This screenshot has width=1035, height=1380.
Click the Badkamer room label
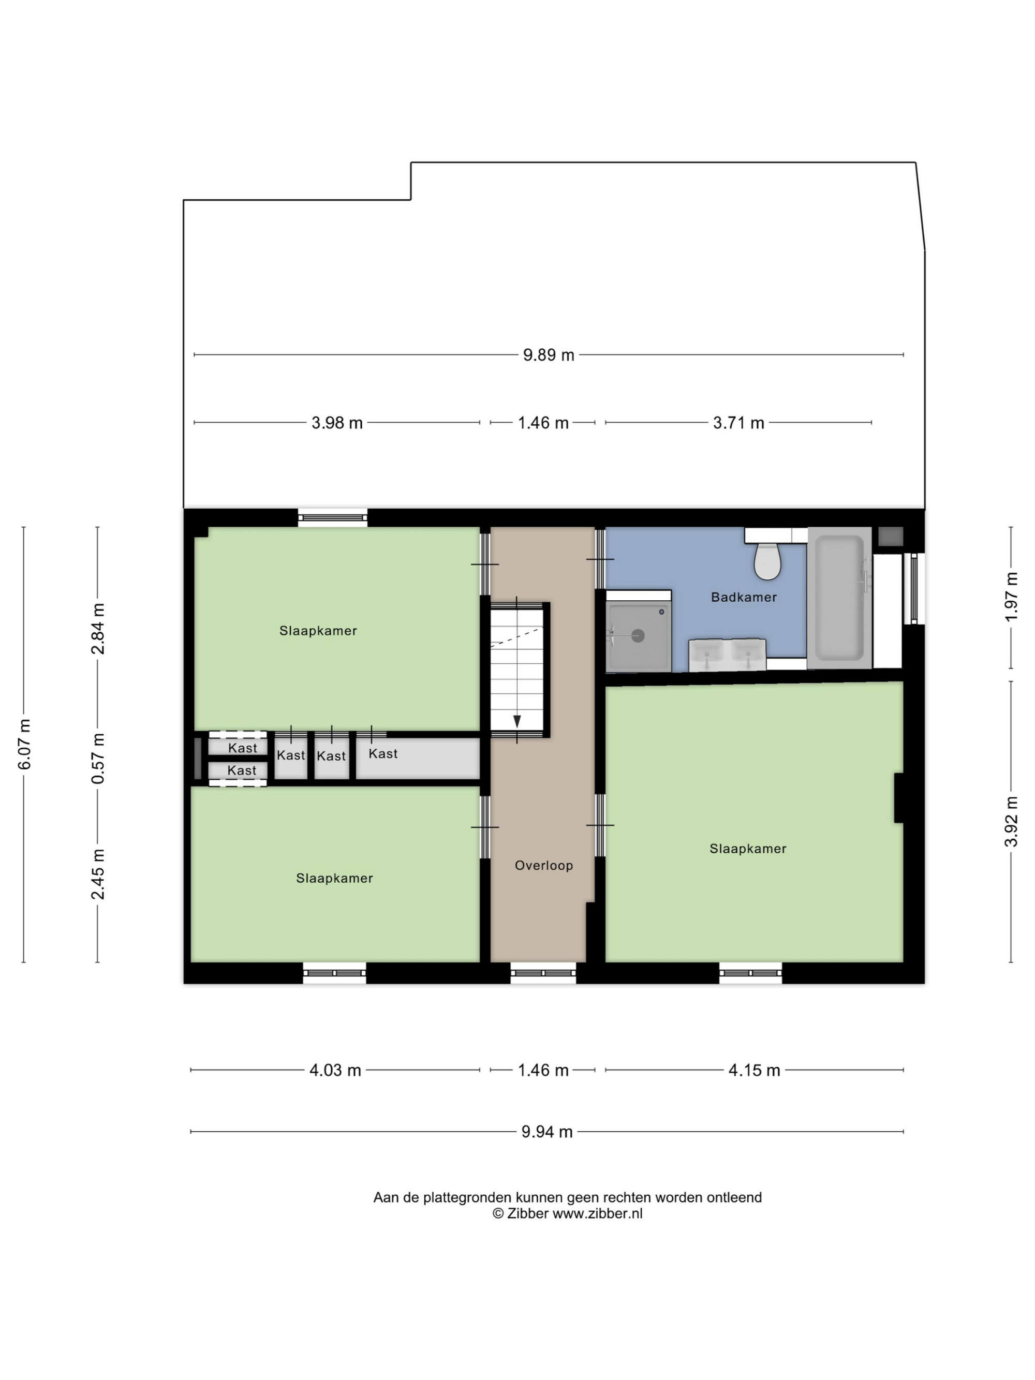(744, 597)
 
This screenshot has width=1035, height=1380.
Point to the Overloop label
(543, 865)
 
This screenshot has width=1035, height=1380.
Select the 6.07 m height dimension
(24, 744)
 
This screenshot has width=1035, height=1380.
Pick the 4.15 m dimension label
(755, 1071)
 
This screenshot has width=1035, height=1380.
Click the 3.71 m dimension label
(738, 423)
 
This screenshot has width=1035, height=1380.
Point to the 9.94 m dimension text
(547, 1132)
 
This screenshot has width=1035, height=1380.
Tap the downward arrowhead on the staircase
(516, 721)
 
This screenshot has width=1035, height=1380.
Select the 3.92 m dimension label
(1011, 822)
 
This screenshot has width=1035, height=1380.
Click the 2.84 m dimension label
(98, 629)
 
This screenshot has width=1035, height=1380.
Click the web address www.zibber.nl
(598, 1213)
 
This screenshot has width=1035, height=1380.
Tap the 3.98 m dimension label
(337, 423)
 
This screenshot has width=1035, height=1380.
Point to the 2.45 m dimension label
(98, 874)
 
